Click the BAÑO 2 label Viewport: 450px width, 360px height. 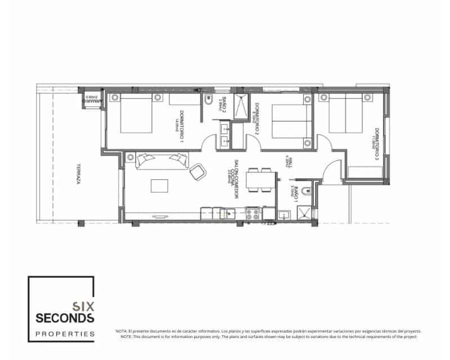[223, 105]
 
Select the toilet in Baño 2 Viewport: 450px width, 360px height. [208, 103]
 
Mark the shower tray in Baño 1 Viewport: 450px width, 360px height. [304, 213]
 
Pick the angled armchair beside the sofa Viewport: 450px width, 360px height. [197, 172]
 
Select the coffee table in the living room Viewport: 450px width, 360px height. [159, 186]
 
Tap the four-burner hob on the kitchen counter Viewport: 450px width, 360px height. [253, 213]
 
